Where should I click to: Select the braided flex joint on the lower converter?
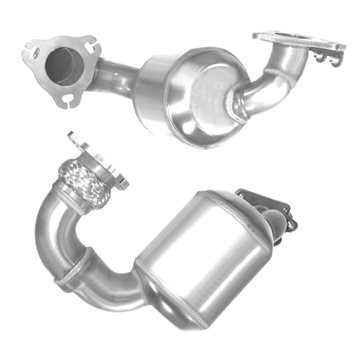click(85, 186)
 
